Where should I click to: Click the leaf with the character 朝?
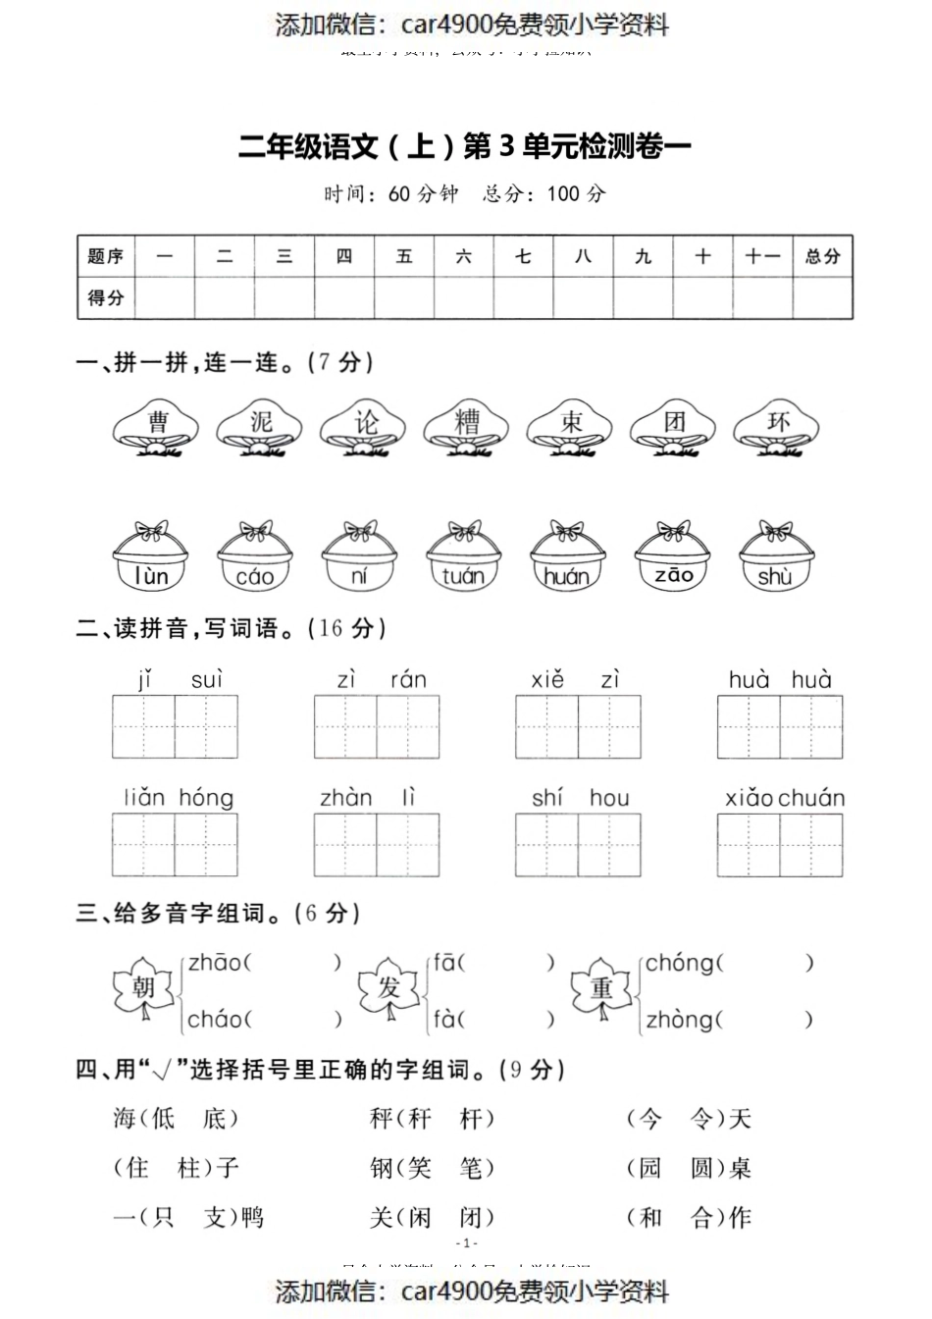coord(143,987)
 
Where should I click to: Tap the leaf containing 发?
coord(389,987)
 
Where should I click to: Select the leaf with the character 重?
coord(601,987)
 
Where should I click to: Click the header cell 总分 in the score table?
coord(822,257)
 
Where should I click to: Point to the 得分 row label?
coord(106,297)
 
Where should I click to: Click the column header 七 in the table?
coord(523,257)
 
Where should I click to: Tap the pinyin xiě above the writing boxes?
coord(547,679)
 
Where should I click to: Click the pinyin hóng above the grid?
coord(206,798)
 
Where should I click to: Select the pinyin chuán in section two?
coord(811,798)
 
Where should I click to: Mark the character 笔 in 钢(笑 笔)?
coord(471,1168)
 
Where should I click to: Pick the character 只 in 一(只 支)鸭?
coord(162,1218)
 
